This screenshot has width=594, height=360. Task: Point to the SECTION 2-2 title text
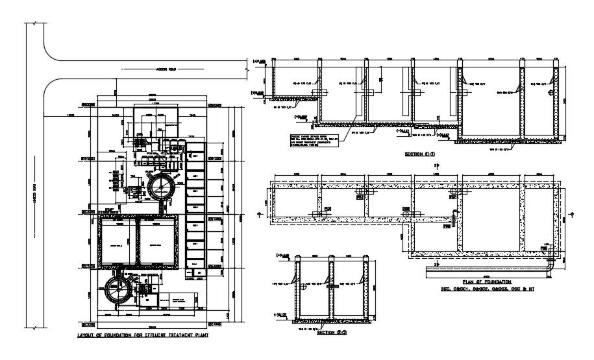[x=331, y=333]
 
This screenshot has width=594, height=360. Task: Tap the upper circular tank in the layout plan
[x=160, y=187]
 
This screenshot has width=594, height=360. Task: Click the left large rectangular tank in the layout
[x=117, y=242]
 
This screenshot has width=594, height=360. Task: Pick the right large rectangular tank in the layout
[x=158, y=242]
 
